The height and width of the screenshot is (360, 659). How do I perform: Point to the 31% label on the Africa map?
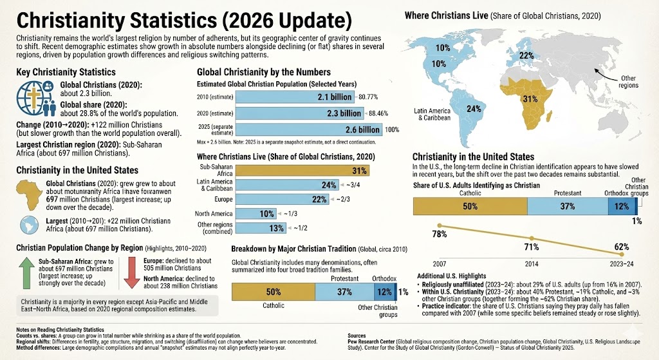tap(530, 99)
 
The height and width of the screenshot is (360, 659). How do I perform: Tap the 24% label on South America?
tap(474, 109)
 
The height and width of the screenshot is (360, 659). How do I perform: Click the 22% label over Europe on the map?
tap(526, 55)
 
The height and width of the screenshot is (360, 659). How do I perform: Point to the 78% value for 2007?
tap(422, 234)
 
